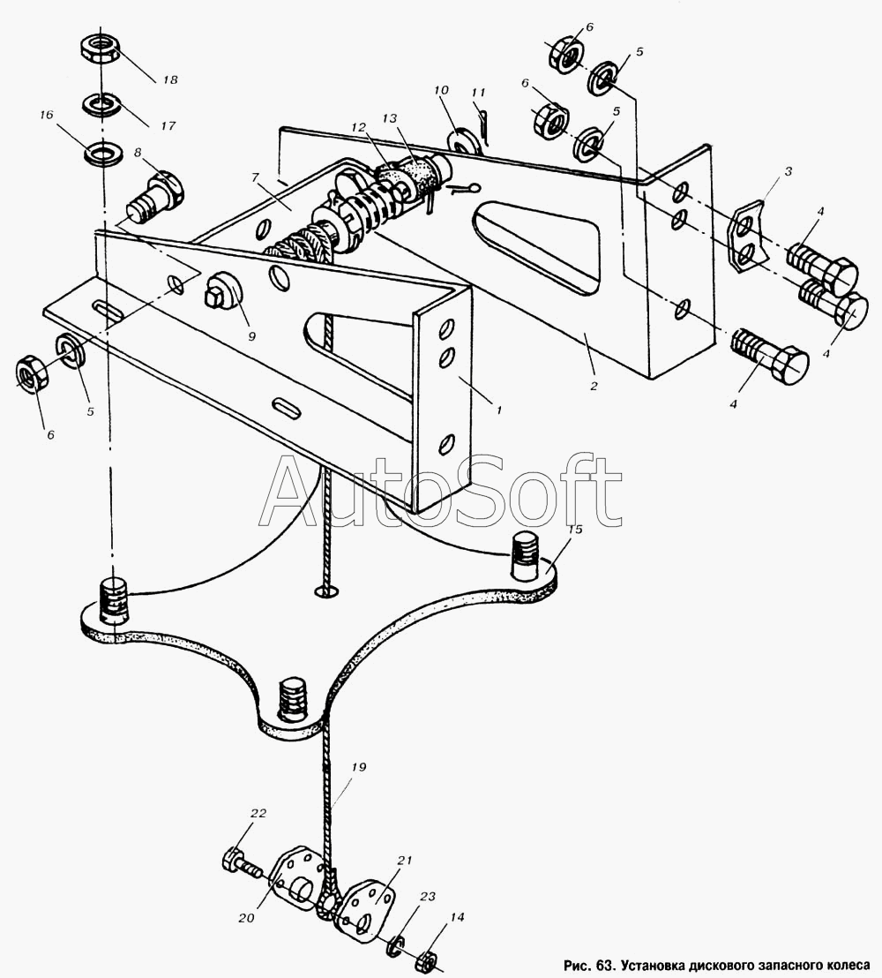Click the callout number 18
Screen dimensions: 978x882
[x=169, y=79]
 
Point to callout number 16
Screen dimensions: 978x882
[x=47, y=116]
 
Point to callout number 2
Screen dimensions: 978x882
[x=594, y=386]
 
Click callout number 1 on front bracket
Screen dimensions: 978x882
[x=498, y=410]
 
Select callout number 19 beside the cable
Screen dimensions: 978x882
[x=357, y=768]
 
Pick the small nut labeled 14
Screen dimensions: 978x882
[x=427, y=959]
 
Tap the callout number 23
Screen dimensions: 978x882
[x=428, y=897]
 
